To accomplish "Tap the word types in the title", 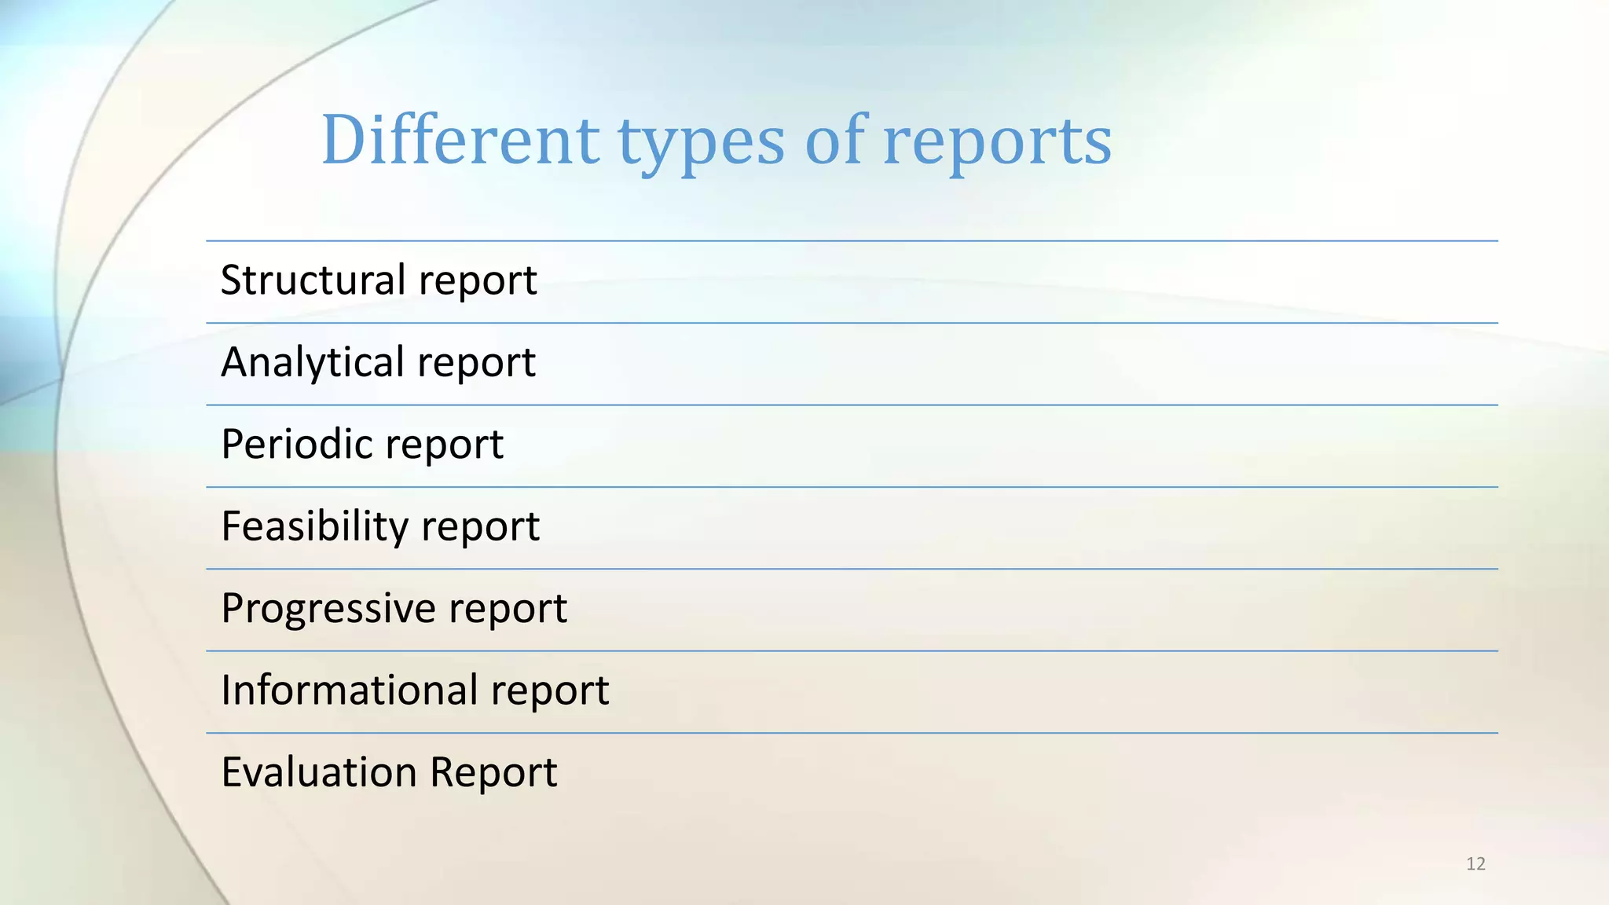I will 701,143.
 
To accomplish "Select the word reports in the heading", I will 997,143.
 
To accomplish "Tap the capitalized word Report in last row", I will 493,772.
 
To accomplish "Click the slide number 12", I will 1475,864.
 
